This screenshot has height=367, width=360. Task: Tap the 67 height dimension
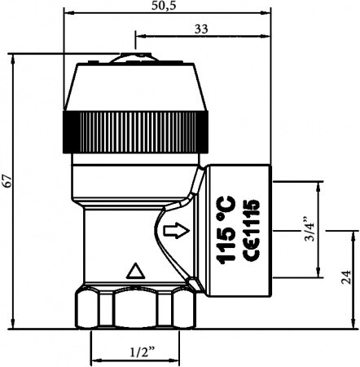point(7,182)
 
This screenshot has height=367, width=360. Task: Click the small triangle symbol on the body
point(136,270)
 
